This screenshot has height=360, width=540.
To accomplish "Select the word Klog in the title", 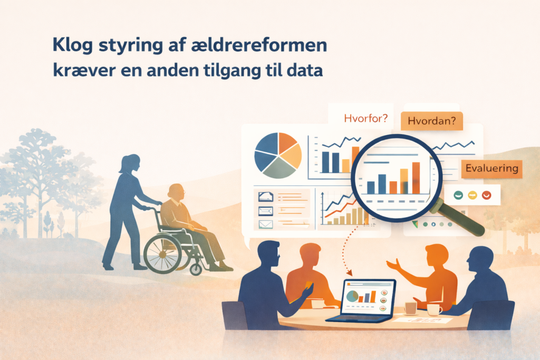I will [x=71, y=46].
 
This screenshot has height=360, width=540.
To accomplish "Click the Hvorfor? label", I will [x=365, y=118].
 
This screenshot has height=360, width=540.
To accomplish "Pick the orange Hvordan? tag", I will [x=432, y=121].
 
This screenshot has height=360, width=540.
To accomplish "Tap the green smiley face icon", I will [x=458, y=195].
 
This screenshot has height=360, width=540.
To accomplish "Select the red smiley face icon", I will [x=486, y=195].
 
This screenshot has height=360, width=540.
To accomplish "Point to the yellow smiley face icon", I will [x=472, y=195].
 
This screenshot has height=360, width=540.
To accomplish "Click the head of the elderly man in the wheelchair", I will [x=177, y=193].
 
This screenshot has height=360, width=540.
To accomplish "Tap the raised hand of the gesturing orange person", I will [x=391, y=264].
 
